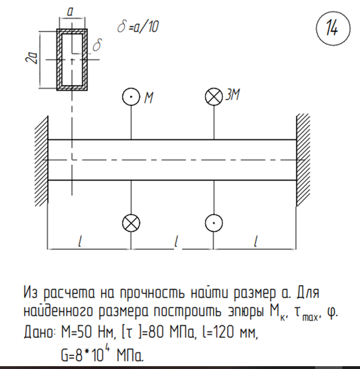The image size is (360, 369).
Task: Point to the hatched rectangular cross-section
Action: pyautogui.click(x=72, y=59)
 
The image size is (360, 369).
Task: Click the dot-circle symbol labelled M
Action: pyautogui.click(x=131, y=97)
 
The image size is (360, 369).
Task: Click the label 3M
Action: pyautogui.click(x=232, y=95)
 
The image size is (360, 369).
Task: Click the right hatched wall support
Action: pyautogui.click(x=303, y=160)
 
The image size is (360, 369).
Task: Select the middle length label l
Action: pyautogui.click(x=177, y=241)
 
